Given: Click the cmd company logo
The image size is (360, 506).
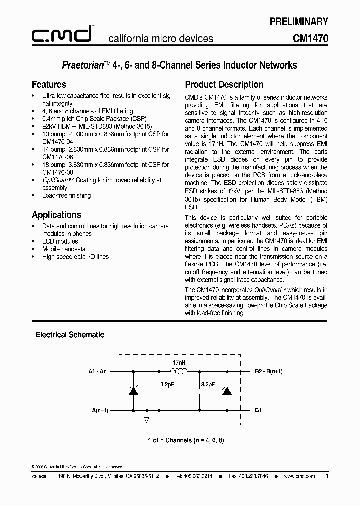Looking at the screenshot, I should [62, 35].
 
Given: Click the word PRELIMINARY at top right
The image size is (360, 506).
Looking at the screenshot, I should [299, 21].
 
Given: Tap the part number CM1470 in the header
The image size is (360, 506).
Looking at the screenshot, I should [310, 38].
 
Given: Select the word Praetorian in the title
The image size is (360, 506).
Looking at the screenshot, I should [82, 65].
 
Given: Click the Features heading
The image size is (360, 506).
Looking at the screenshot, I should [49, 84].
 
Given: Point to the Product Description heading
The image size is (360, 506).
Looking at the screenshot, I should [224, 84].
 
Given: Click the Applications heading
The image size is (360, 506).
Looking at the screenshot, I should [56, 215].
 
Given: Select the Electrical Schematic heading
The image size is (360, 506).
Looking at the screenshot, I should [70, 335].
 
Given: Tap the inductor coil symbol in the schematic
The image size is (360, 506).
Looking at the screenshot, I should [178, 371].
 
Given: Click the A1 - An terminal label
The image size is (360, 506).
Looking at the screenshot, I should [97, 371].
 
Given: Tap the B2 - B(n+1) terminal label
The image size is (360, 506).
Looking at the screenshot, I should [269, 371].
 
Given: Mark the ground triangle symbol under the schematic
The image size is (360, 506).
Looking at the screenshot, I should [146, 420].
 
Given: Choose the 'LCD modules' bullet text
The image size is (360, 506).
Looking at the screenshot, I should [60, 241].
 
